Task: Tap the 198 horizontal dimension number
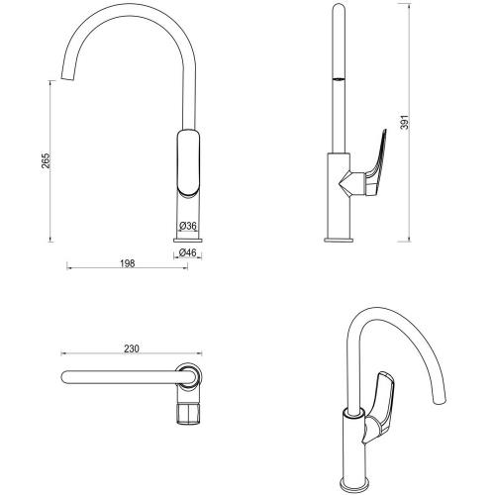[x=126, y=264]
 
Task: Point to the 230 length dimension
[x=131, y=349]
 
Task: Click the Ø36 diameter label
[x=187, y=228]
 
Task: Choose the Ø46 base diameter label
[x=187, y=254]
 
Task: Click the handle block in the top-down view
[x=189, y=412]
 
